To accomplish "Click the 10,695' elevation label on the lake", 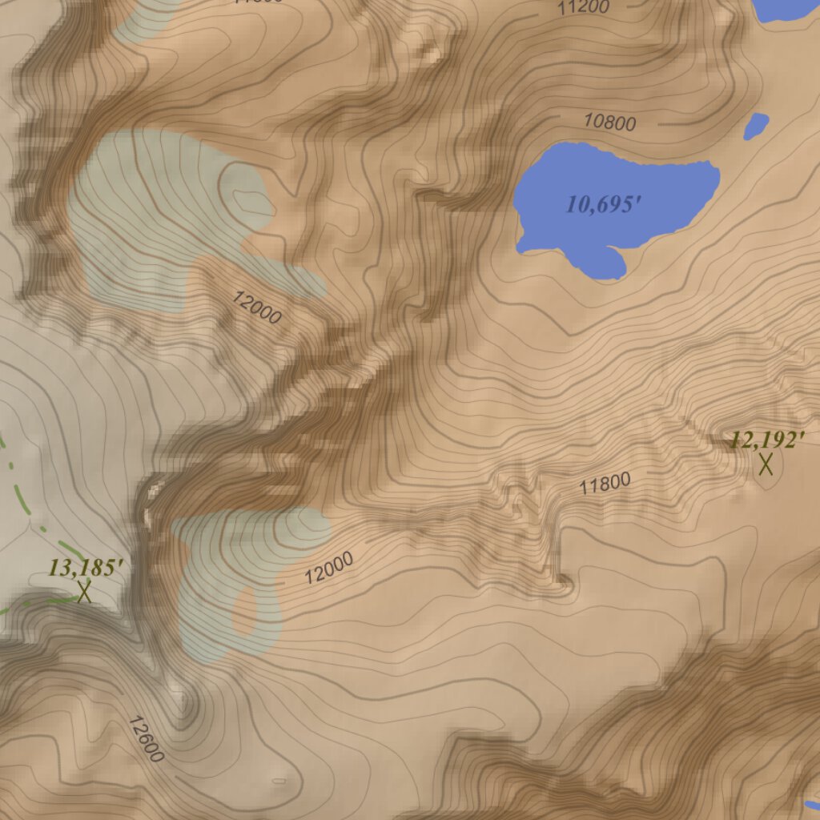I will pos(604,204).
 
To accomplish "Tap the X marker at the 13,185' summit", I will pos(84,592).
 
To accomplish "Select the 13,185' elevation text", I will pos(86,568).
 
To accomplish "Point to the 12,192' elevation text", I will pos(766,440).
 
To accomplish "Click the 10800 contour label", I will pos(610,123).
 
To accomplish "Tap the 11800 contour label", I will pos(605,484).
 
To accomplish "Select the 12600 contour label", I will pos(146,738).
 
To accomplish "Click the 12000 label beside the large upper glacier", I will pos(256,307).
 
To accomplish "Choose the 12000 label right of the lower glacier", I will pos(329,569).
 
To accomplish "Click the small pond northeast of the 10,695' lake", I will pos(756,125).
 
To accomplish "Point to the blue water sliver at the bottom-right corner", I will pos(812,805).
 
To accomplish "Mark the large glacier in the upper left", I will pos(160,216).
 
